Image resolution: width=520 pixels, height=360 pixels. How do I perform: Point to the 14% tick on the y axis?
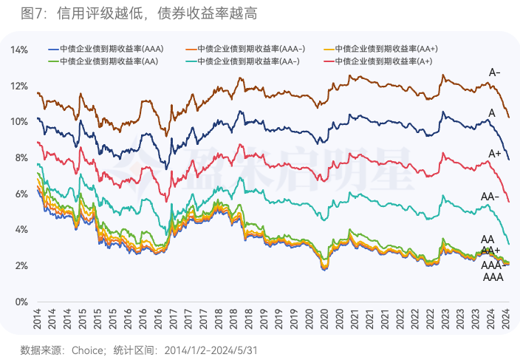tap(19, 50)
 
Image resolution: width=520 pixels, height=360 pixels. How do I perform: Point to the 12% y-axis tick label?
tap(19, 86)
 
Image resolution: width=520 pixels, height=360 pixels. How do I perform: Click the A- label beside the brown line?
tap(495, 72)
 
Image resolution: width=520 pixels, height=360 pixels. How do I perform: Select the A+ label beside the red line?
tap(495, 153)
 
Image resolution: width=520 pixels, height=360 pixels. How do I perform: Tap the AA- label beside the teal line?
tap(490, 197)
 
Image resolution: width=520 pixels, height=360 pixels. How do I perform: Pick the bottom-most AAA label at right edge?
tap(493, 278)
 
